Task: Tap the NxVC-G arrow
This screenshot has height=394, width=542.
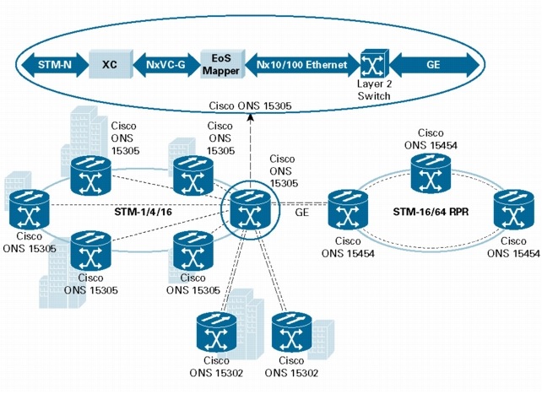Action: (x=165, y=62)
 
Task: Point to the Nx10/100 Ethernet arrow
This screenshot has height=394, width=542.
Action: (x=298, y=62)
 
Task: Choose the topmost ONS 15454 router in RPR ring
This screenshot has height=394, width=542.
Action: (x=431, y=172)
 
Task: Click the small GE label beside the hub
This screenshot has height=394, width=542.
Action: (x=301, y=214)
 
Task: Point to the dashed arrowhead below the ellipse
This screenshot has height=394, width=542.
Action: (x=251, y=119)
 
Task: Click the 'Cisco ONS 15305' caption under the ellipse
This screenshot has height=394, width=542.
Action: (x=251, y=105)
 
